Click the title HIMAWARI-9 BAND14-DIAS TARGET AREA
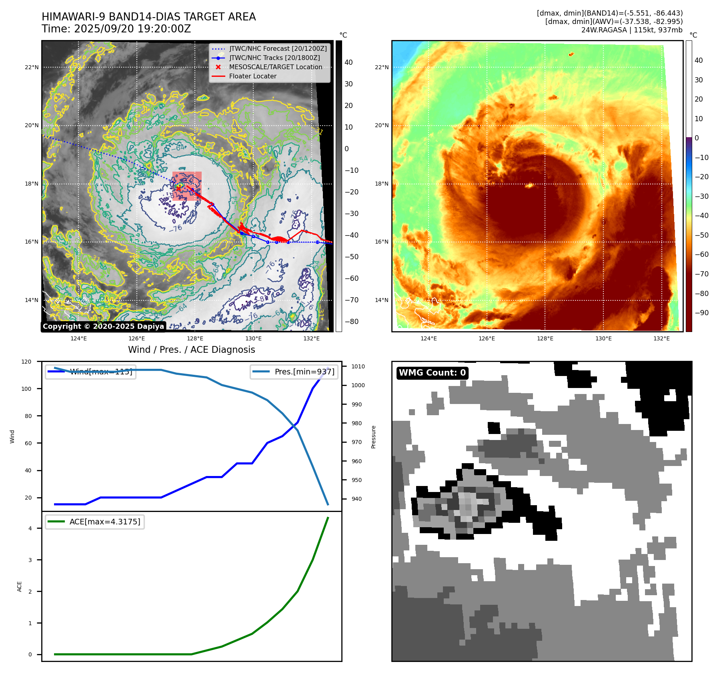pos(148,17)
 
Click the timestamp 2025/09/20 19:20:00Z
pos(132,29)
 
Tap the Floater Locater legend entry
pos(252,76)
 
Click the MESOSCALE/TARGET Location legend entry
pos(275,67)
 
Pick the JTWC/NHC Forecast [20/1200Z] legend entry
pos(278,48)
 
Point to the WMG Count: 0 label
pos(432,373)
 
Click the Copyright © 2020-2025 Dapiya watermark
pos(103,326)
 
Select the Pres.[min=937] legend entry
pos(304,372)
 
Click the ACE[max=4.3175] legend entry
pos(105,522)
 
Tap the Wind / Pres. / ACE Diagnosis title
pos(191,350)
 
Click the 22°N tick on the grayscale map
pos(32,67)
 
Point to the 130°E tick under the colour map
pos(603,338)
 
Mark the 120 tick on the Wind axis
pos(26,362)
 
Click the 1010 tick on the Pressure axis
pos(358,366)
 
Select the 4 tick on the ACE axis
pos(30,528)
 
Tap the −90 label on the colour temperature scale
pos(701,313)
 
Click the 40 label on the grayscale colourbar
pos(348,62)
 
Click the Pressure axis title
pos(373,437)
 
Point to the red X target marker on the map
pos(178,186)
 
